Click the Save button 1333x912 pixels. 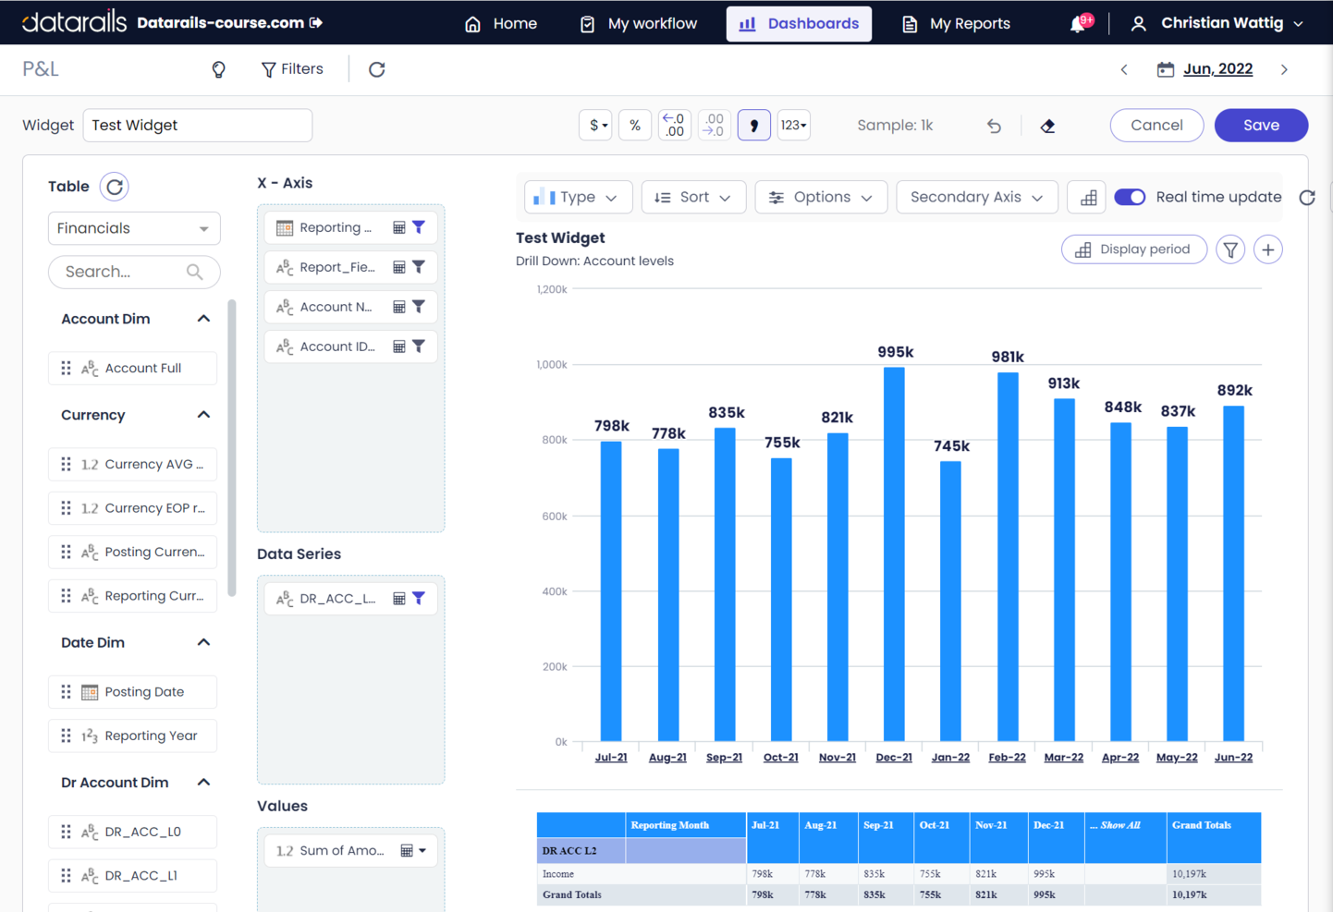1261,125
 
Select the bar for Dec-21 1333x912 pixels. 894,554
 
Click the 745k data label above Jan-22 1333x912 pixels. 951,446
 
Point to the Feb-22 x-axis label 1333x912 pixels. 1007,757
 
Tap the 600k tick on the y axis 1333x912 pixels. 554,516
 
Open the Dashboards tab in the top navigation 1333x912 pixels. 800,23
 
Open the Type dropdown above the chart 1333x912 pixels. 577,197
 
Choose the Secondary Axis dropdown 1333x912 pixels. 976,197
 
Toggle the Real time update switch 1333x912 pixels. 1130,197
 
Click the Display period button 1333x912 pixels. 1133,249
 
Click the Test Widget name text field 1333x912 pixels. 197,125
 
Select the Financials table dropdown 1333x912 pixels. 134,228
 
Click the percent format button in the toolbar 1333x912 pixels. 635,125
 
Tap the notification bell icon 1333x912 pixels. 1078,24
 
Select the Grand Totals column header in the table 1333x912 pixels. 1201,825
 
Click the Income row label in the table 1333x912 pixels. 558,873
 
